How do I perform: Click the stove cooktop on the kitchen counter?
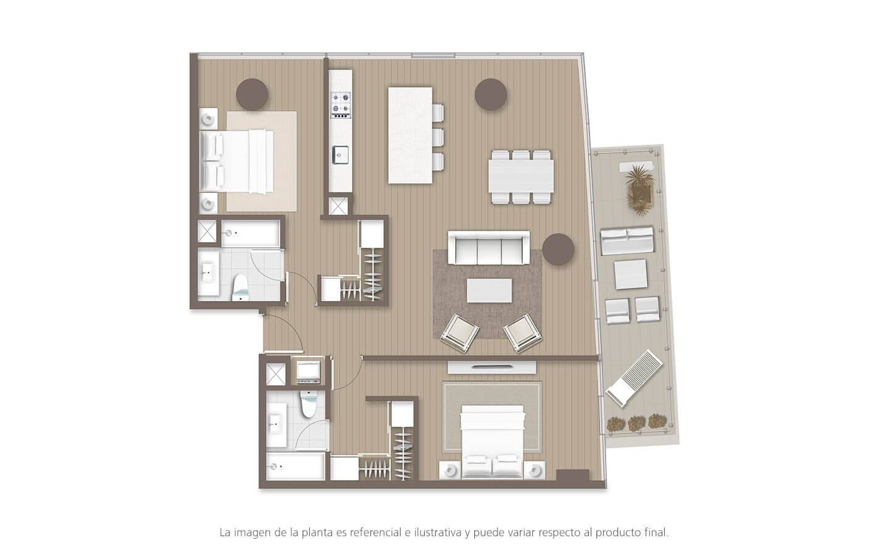tap(340, 104)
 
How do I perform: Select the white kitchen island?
tap(410, 135)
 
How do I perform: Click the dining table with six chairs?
tap(522, 177)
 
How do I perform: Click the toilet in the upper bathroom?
tap(240, 288)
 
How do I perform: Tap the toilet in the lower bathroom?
tap(307, 404)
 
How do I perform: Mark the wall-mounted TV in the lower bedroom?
tap(491, 366)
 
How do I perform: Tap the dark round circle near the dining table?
tap(491, 95)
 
